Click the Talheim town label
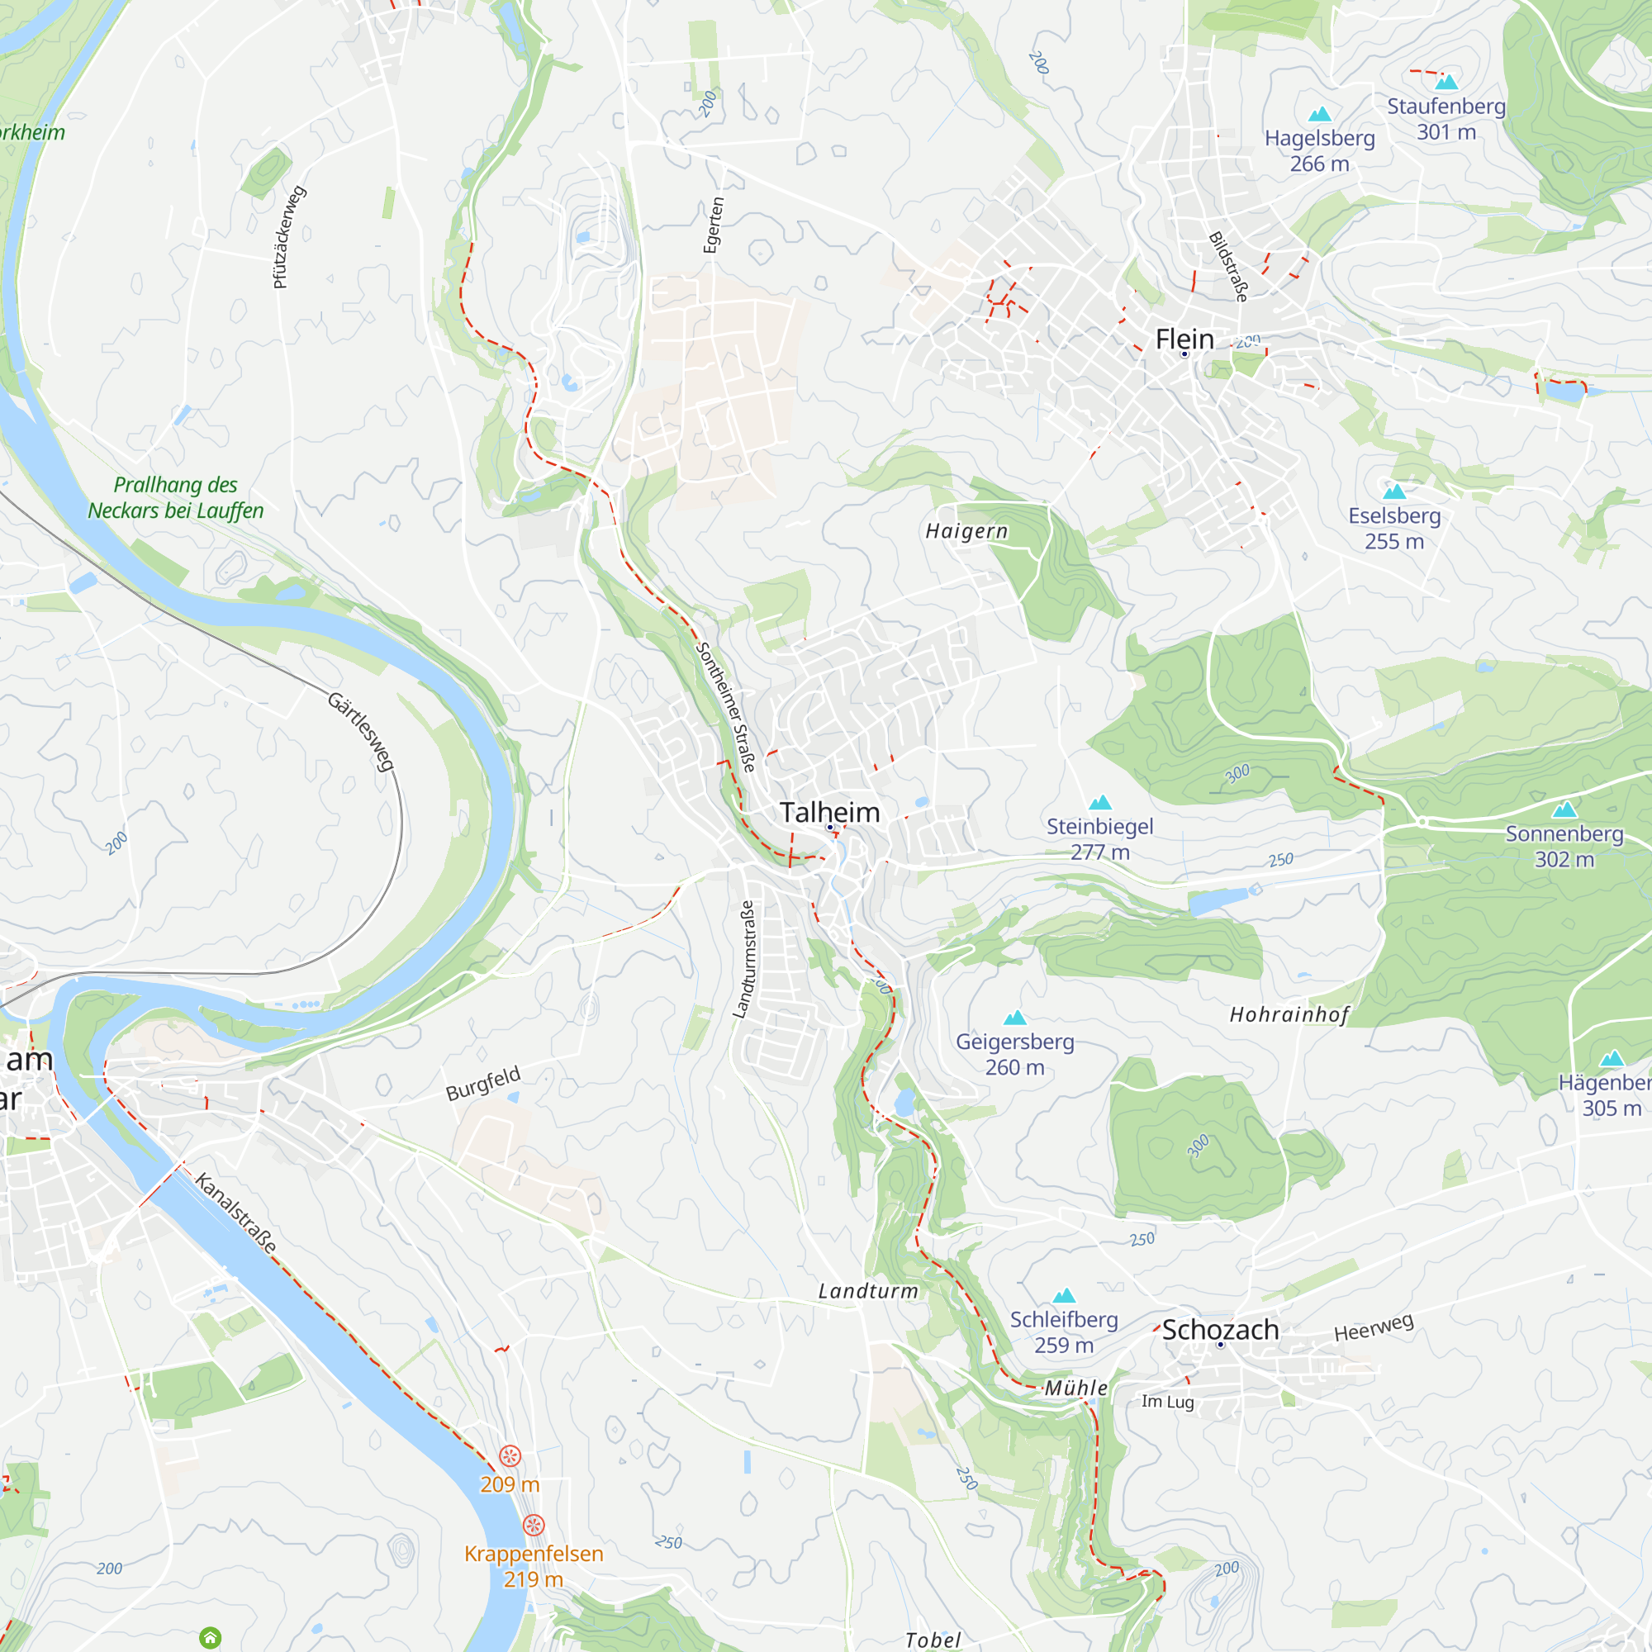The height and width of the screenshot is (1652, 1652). point(828,812)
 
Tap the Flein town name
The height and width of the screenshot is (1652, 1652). point(1184,339)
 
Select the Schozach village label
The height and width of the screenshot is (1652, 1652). point(1220,1330)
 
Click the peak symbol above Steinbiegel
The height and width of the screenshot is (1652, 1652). point(1099,802)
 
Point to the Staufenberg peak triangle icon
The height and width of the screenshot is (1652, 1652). point(1446,82)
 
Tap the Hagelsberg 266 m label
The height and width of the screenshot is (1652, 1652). point(1319,150)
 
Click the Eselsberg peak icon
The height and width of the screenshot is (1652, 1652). point(1393,491)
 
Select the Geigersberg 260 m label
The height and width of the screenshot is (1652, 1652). point(1014,1054)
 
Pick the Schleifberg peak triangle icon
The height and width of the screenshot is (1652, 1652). point(1064,1295)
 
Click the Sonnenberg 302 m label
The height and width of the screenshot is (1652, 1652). point(1564,846)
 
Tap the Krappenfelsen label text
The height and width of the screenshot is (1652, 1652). point(534,1554)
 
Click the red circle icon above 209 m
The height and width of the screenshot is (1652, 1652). point(510,1456)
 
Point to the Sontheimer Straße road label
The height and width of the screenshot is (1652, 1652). point(726,706)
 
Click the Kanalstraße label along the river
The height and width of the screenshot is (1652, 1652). point(236,1213)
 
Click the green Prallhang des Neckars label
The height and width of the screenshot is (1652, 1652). point(175,497)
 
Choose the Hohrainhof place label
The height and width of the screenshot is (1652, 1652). point(1289,1015)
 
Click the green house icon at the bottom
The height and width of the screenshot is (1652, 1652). point(210,1637)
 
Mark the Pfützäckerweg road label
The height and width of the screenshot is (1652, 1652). point(288,237)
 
